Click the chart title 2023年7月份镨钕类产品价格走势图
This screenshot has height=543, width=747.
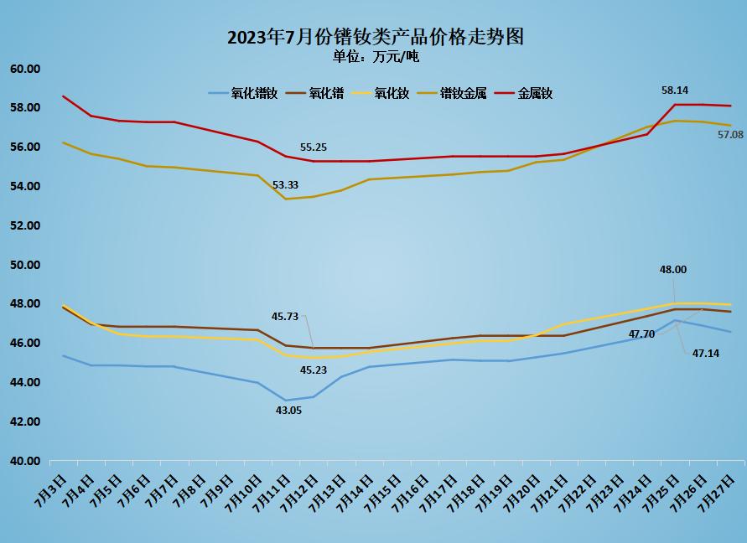375,38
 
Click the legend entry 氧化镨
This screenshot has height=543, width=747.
326,94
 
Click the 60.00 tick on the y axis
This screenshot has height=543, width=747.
25,69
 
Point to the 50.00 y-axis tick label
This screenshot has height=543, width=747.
25,265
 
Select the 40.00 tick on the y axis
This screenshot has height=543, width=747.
25,461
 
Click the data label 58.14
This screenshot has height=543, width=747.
675,90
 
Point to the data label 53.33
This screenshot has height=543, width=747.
286,184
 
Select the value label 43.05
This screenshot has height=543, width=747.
288,410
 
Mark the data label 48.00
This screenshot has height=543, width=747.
673,270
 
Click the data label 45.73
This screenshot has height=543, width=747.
285,317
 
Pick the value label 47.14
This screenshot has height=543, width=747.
705,354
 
